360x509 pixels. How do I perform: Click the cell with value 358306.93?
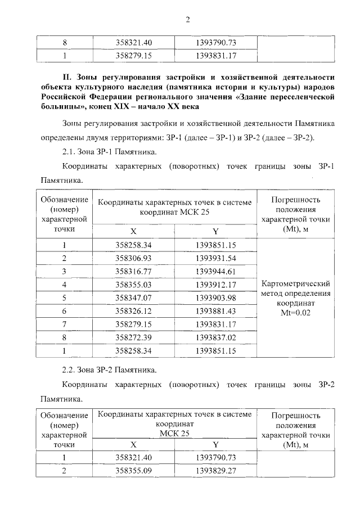click(134, 258)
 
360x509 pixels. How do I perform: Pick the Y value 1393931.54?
click(216, 258)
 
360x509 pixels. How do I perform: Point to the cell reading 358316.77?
click(134, 271)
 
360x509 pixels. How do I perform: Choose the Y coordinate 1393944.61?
click(216, 271)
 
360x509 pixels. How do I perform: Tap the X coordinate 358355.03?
click(134, 285)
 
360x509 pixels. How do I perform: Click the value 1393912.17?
click(216, 285)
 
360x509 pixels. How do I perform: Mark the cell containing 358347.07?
click(134, 298)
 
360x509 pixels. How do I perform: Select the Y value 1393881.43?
click(216, 311)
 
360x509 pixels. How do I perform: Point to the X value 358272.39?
click(134, 337)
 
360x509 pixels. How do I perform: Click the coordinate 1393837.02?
click(216, 337)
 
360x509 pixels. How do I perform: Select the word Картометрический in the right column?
click(296, 283)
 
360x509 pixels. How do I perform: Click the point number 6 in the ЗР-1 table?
click(65, 311)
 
